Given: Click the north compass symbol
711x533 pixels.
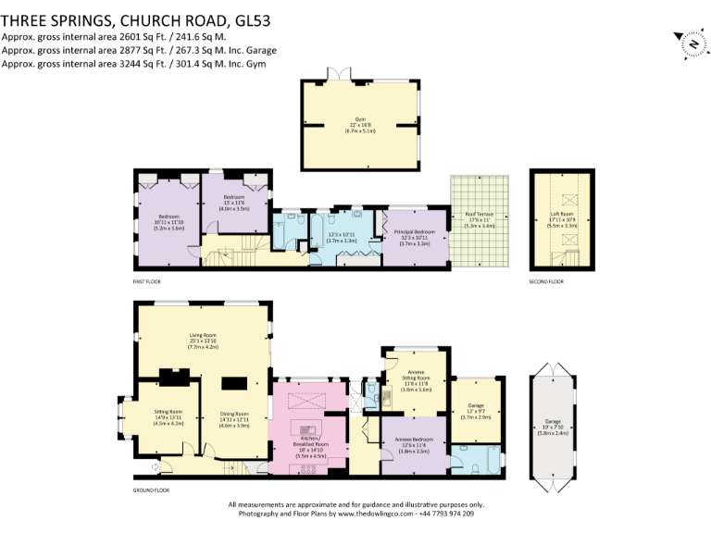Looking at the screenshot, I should click(x=691, y=43).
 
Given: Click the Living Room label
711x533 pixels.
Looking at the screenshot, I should click(x=203, y=339).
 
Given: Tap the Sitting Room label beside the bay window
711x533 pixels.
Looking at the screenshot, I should click(x=168, y=415).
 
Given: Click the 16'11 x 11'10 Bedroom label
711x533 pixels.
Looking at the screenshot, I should click(x=168, y=222).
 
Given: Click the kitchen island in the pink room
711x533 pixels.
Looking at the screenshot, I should click(x=306, y=429).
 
